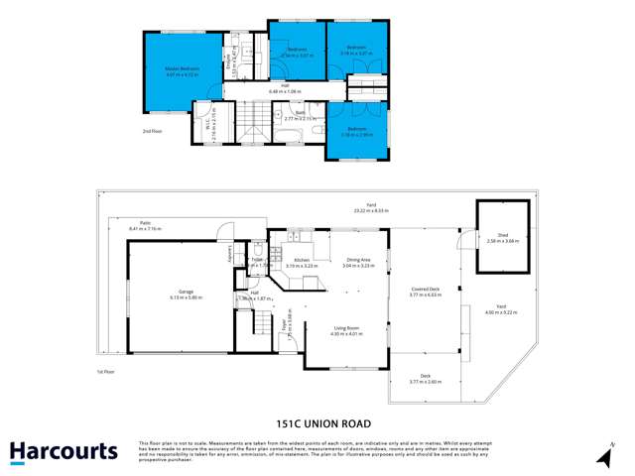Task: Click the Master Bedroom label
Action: tap(183, 68)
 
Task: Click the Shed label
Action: tap(500, 235)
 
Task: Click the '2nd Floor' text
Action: tap(151, 130)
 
